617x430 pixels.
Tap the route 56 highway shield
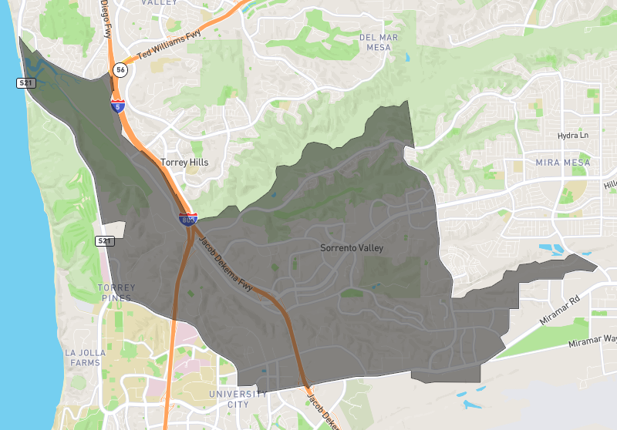120,70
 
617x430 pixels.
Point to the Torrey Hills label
184,163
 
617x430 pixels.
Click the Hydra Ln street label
572,136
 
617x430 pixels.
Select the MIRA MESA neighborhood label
562,163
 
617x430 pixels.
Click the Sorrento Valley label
351,248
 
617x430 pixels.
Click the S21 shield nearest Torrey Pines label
105,241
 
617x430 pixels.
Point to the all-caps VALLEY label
160,3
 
